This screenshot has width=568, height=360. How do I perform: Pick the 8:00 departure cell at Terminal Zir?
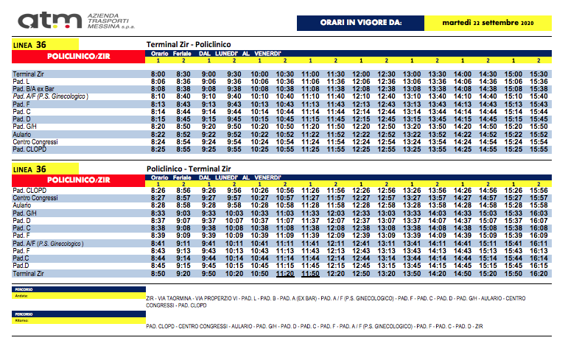coord(158,74)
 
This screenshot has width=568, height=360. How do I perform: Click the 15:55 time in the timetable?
coord(539,149)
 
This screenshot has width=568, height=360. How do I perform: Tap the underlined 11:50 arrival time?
coord(310,273)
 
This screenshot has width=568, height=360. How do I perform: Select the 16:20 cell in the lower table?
coord(539,273)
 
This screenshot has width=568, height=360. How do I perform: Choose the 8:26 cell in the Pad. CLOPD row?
coord(158,190)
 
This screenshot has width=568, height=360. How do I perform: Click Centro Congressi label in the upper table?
coord(35,141)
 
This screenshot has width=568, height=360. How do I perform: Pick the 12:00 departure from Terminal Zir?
coord(361,74)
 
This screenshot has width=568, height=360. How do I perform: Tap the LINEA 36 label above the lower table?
coord(30,169)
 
